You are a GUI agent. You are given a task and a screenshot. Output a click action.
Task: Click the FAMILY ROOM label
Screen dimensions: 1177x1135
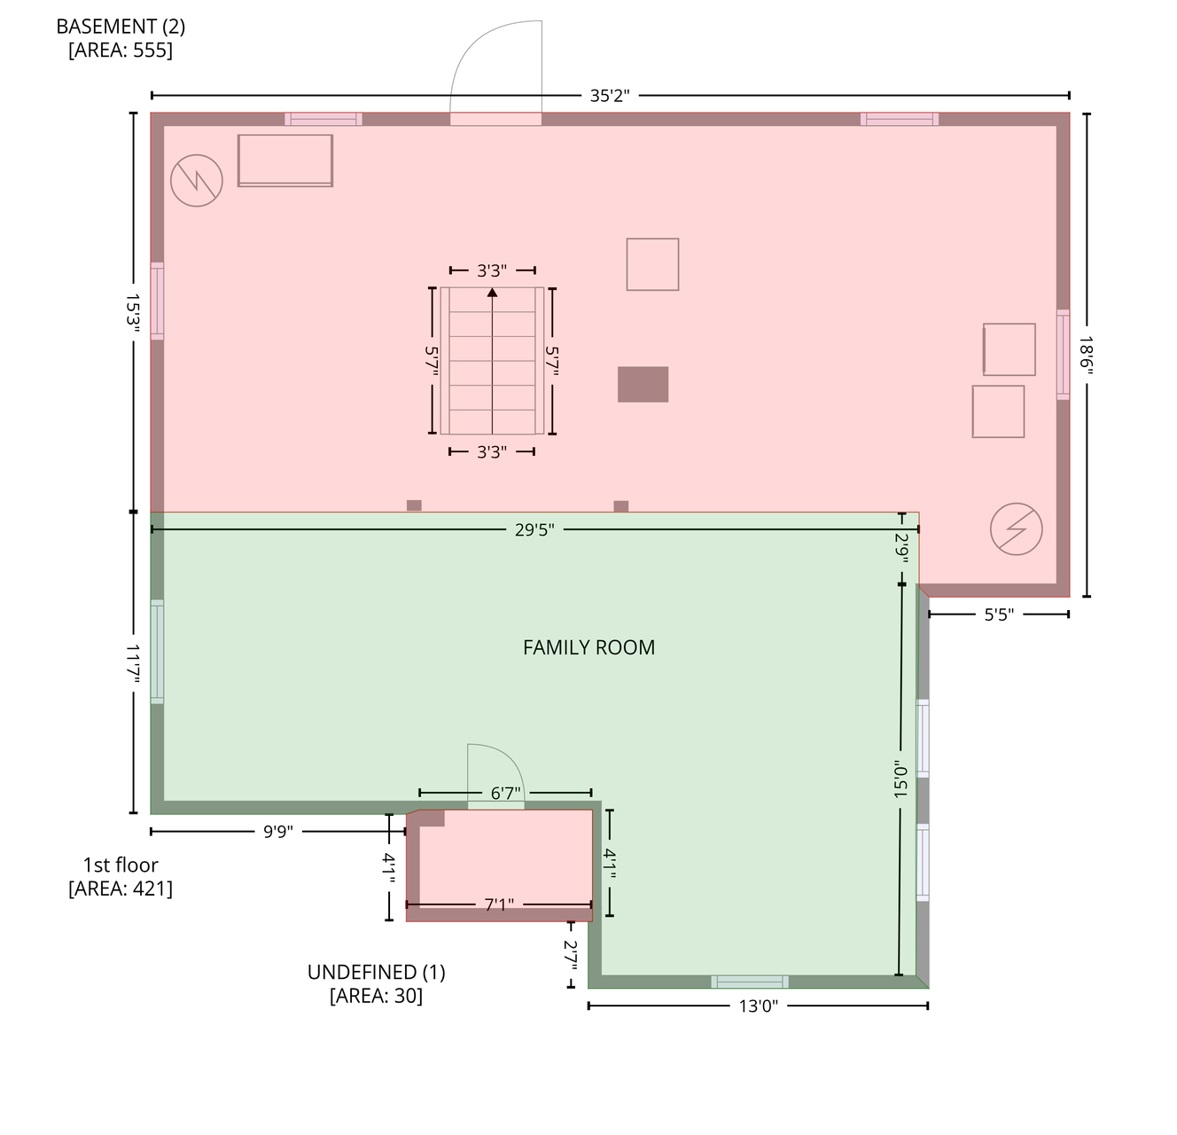[x=588, y=647]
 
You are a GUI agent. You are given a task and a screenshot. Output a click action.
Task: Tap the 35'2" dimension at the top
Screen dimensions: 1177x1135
[x=609, y=96]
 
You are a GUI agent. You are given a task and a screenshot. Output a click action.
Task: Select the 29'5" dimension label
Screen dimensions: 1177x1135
[x=534, y=530]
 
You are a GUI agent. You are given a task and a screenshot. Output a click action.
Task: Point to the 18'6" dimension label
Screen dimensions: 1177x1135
[x=1087, y=356]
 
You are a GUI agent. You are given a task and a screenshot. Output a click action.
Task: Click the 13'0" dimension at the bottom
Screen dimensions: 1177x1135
[x=758, y=1006]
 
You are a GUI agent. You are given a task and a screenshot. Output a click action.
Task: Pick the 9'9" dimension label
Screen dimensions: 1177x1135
[x=277, y=832]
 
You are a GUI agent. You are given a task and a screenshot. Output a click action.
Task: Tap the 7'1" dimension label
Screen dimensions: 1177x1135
[x=499, y=904]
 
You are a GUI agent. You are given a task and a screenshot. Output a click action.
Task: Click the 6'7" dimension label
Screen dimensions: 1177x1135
[x=505, y=793]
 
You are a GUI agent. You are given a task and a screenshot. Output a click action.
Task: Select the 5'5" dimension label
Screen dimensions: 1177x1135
[x=999, y=614]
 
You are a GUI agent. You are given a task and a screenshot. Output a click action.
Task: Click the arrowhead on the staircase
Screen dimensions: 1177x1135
[x=492, y=293]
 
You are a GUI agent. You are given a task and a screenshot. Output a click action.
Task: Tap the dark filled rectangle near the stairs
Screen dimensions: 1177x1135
[x=643, y=384]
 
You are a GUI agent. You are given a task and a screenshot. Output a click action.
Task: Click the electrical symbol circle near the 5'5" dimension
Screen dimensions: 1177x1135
[x=1016, y=528]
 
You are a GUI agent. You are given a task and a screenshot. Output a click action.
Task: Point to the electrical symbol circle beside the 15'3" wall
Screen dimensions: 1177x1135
[x=197, y=180]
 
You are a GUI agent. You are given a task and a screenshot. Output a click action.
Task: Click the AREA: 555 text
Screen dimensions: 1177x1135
[x=121, y=50]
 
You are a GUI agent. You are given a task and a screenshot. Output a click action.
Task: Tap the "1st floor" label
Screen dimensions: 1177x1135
[x=121, y=865]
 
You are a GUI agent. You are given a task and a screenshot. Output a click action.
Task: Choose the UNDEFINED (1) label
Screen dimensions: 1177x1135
[x=376, y=972]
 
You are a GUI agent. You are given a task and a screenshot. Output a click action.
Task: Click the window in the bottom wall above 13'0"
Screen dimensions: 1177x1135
[x=750, y=982]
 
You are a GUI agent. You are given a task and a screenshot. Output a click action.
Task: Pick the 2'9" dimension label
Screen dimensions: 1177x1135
[x=901, y=548]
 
